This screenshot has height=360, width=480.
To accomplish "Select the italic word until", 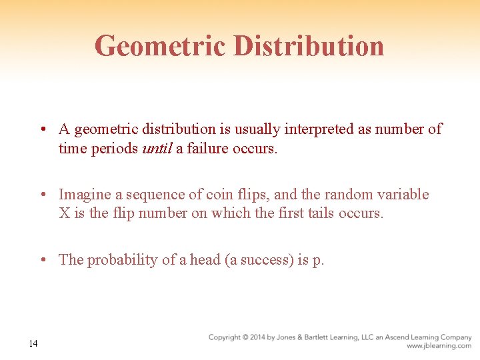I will pos(158,148).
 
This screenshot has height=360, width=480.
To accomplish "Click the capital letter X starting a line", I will pos(64,213).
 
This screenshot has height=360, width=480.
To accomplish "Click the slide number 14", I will pos(33,343).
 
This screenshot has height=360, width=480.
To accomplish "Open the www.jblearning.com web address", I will pos(439,346).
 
